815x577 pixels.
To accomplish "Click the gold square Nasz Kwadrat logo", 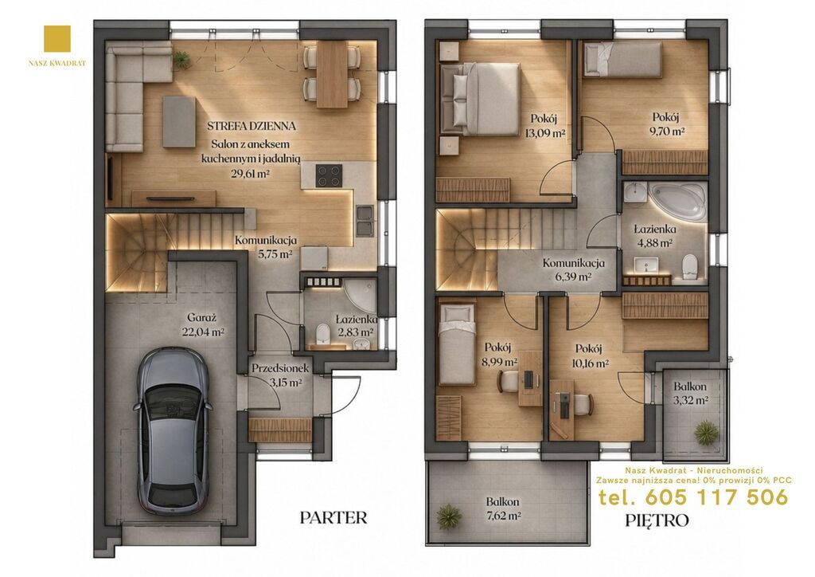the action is pos(57,40).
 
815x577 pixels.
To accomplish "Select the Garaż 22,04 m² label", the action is pos(202,324).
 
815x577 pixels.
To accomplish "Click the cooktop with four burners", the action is pos(329,175).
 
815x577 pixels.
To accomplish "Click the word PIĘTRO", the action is pos(657,520).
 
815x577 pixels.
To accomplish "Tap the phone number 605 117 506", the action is pos(716,498).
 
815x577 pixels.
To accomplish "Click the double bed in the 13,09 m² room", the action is pos(480,99).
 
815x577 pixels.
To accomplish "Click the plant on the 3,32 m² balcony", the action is pos(707,431).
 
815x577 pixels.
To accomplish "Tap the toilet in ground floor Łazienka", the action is pos(323,333).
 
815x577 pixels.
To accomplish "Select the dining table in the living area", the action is pos(332,74).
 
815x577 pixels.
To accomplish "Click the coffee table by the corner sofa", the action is pos(179,121).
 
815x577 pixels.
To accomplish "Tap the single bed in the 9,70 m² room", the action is pos(622,61).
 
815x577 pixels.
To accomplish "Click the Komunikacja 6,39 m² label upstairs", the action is pos(573,269).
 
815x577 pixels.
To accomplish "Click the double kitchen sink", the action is pos(365,221).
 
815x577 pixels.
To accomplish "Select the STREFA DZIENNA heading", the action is pos(252,126).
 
